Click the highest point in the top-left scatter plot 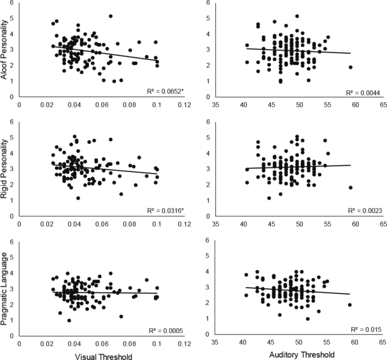point(111,16)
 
